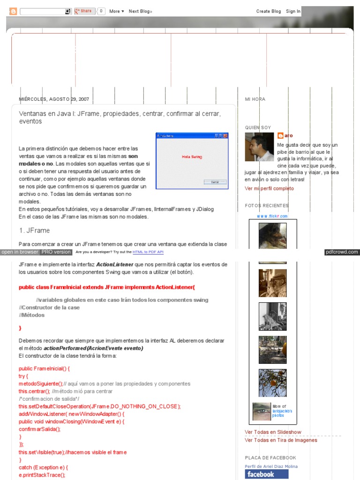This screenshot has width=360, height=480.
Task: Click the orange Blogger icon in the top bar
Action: click(x=13, y=11)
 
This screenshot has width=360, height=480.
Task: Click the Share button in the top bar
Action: click(x=84, y=11)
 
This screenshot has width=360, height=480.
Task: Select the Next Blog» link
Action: click(x=140, y=11)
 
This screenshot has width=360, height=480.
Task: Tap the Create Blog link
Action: click(x=269, y=11)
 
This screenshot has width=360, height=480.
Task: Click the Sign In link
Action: click(x=293, y=11)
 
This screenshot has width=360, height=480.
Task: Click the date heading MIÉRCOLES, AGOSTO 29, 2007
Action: click(x=54, y=99)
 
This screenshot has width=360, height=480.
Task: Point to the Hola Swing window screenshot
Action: click(x=192, y=161)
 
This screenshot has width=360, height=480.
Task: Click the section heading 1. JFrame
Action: click(x=34, y=231)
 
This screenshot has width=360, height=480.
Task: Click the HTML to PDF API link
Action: click(x=148, y=252)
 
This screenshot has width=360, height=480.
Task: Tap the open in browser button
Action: click(x=20, y=252)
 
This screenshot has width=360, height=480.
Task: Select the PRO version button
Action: click(x=56, y=252)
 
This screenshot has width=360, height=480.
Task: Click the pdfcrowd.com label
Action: click(x=342, y=252)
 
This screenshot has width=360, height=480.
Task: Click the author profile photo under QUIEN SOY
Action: click(x=259, y=147)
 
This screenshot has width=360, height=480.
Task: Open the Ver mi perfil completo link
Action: click(x=269, y=188)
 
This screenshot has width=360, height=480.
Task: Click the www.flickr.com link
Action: click(x=272, y=216)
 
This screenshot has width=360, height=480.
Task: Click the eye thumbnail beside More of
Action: click(x=262, y=411)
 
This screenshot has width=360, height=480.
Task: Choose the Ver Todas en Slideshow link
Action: click(x=273, y=432)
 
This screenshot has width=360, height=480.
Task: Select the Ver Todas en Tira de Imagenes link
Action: click(x=281, y=440)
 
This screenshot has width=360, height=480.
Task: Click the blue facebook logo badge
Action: click(x=266, y=474)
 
